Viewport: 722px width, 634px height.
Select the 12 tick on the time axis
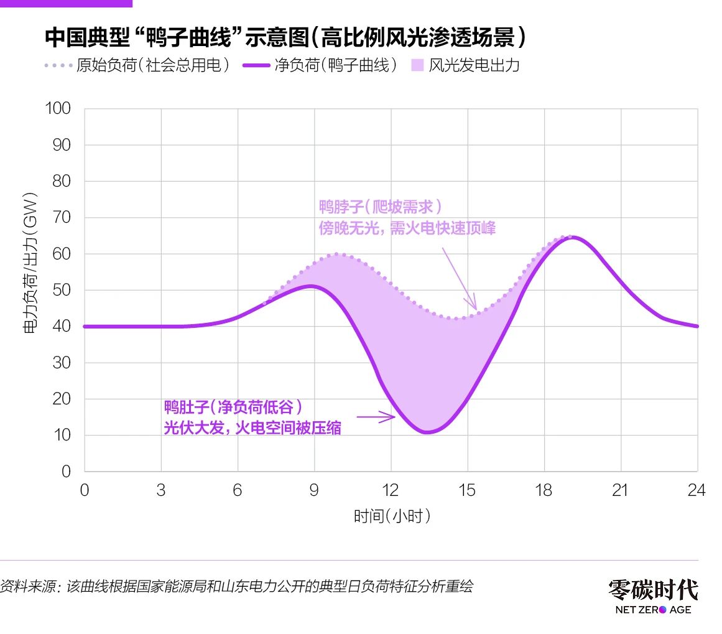point(391,490)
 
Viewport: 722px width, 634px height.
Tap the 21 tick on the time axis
point(620,490)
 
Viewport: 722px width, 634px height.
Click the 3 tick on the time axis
point(161,490)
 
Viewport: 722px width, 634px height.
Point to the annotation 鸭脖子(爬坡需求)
point(381,207)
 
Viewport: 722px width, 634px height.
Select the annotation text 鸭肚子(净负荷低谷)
point(234,408)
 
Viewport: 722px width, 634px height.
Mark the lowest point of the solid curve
point(427,432)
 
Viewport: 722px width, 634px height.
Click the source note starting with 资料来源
point(237,586)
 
